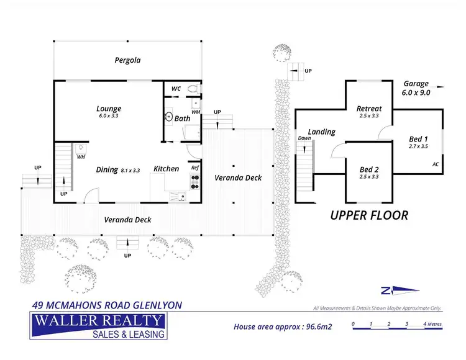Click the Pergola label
point(127,60)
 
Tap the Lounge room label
point(109,109)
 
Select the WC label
point(176,89)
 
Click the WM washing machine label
point(196,112)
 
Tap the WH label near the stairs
point(81,157)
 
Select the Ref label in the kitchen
point(194,168)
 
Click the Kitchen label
point(166,169)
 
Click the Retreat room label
point(368,109)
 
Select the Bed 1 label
point(418,139)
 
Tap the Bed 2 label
point(369,169)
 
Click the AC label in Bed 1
point(435,164)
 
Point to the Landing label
point(321,132)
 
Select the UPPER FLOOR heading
point(369,215)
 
